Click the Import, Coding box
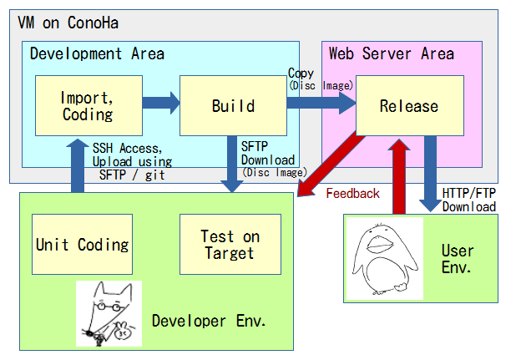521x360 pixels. click(88, 105)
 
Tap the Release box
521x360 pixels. click(408, 105)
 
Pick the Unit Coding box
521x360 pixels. click(82, 244)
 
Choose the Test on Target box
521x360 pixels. click(230, 244)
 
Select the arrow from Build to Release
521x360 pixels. click(321, 104)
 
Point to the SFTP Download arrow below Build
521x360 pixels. click(230, 163)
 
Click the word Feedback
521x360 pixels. click(352, 194)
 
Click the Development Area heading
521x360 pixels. click(97, 53)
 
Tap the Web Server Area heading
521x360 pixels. click(391, 53)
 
